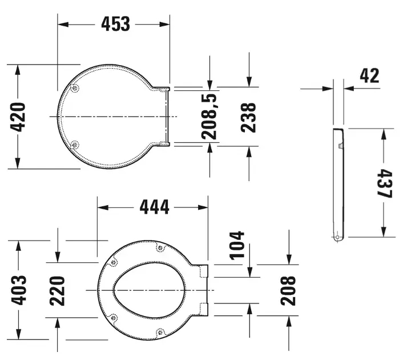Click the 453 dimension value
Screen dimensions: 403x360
[x=116, y=24]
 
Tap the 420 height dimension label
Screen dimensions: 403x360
[x=18, y=117]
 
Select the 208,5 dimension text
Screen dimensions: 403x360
[x=209, y=117]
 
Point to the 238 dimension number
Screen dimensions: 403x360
[x=248, y=118]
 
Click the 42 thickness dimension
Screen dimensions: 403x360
[x=369, y=75]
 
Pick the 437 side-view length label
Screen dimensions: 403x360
[x=385, y=183]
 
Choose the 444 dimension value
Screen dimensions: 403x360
[x=155, y=207]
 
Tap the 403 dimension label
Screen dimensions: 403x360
[x=19, y=290]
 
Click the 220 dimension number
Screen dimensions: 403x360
[x=57, y=291]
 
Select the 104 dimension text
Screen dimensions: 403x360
[x=237, y=246]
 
